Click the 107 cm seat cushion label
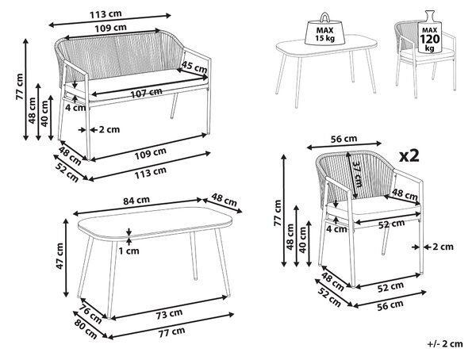tap(146, 93)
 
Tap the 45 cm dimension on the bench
tap(194, 67)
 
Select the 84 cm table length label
tap(136, 201)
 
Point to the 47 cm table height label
tap(59, 255)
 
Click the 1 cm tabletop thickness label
tap(129, 251)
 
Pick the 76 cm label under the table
tap(90, 313)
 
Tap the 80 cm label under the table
tap(86, 329)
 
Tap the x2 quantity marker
tap(409, 156)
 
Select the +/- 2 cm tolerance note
tap(445, 344)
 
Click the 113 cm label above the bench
tap(106, 14)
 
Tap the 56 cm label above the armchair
tap(344, 140)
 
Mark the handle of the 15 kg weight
tap(324, 17)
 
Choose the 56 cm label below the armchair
tap(390, 305)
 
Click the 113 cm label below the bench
tap(151, 172)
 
